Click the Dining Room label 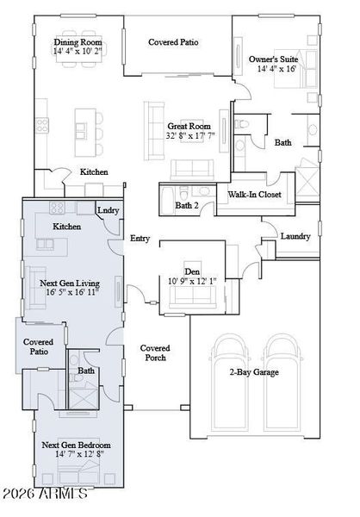(78, 42)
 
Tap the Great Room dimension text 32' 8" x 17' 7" (190, 135)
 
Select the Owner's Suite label (273, 59)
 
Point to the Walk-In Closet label (255, 195)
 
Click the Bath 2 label (187, 205)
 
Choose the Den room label (192, 271)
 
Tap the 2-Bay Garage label (254, 372)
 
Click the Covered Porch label (155, 352)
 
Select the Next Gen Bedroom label (76, 445)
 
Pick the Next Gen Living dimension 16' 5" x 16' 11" (73, 292)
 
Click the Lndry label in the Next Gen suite (109, 210)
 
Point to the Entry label (140, 238)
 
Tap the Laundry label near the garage (295, 236)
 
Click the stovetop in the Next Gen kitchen (57, 208)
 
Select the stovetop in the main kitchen (42, 125)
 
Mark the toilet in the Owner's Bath (241, 124)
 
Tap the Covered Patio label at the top (173, 42)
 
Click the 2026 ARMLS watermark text (45, 494)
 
